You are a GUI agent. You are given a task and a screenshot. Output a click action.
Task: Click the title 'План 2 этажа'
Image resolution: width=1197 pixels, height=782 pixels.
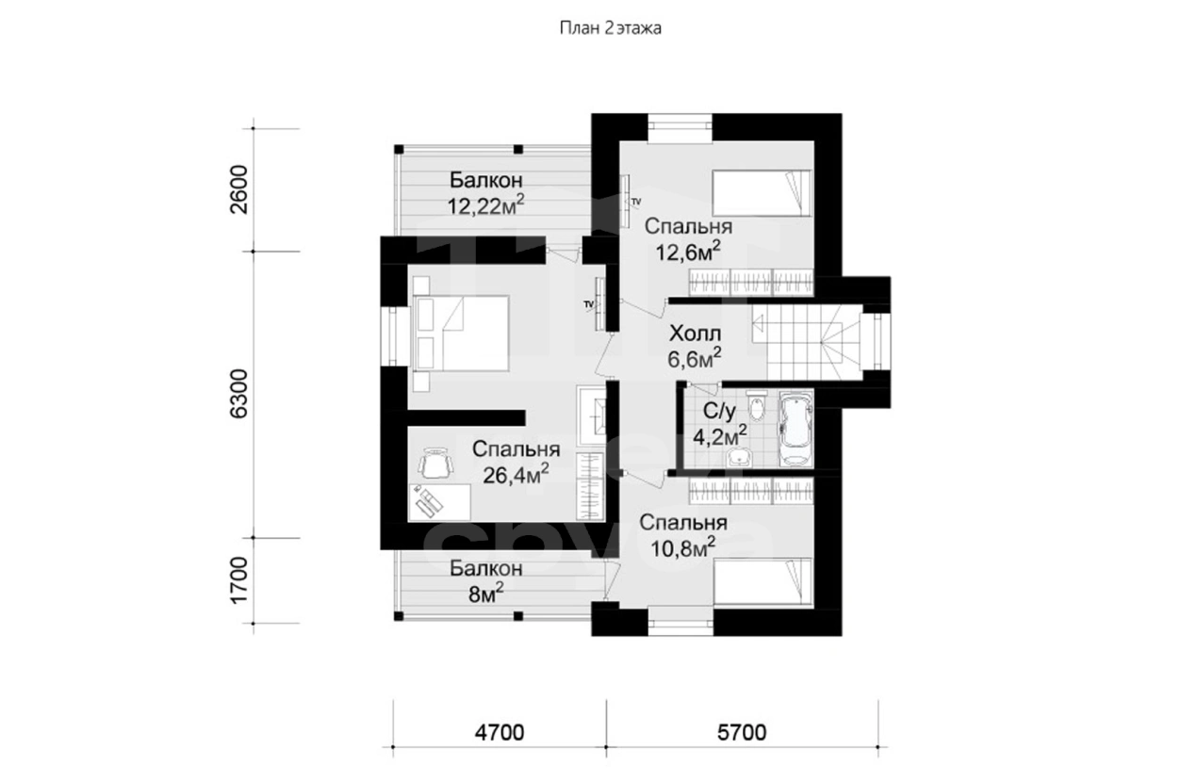[610, 27]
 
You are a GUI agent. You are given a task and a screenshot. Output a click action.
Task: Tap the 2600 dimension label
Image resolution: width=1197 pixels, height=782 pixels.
[238, 189]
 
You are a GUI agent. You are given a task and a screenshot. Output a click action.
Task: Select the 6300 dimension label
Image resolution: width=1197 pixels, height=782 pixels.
[238, 394]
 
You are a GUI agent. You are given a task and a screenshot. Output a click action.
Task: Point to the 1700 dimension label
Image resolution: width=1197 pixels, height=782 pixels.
[238, 580]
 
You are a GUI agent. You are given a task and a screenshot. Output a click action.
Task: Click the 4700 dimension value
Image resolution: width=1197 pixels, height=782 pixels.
[500, 732]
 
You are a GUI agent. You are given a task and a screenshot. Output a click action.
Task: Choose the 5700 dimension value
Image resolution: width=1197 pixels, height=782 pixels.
[742, 732]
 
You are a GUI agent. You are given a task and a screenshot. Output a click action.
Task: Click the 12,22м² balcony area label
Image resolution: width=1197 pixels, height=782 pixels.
[485, 205]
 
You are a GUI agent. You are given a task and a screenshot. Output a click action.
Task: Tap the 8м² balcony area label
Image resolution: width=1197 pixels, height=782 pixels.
[485, 594]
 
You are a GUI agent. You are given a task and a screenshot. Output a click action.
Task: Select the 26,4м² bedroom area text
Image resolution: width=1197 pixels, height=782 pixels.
[516, 474]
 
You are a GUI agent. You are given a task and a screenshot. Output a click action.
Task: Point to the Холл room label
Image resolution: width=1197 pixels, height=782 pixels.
[695, 334]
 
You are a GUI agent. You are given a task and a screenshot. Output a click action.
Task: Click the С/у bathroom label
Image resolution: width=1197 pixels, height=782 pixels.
[719, 412]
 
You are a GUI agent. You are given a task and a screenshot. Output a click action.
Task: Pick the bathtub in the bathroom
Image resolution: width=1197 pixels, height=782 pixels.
[796, 429]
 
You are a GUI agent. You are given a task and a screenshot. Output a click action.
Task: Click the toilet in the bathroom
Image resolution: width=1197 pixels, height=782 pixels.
[757, 406]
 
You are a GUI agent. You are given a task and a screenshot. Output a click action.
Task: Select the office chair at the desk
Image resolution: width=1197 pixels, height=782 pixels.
[435, 464]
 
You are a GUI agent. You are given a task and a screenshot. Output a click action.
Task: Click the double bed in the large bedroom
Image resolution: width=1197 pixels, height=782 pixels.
[460, 334]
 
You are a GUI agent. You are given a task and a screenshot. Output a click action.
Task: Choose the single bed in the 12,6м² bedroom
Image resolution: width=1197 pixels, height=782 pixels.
[762, 193]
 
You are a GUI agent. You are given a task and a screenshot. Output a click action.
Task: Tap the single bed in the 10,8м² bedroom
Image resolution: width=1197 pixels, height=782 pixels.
[762, 581]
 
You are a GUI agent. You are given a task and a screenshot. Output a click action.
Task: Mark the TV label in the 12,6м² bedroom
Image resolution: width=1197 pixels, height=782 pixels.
[636, 202]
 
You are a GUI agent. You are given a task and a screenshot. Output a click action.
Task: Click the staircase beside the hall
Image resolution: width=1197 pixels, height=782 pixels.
[806, 342]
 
